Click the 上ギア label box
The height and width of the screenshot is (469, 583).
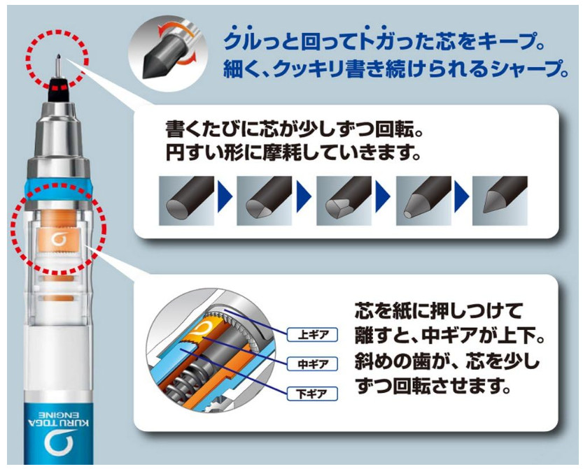pos(312,335)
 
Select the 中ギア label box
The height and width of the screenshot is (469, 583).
pos(312,364)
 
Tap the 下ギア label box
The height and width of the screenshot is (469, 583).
pos(312,394)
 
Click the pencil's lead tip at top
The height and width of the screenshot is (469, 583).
pos(58,57)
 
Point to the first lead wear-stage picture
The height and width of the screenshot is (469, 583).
pos(187,201)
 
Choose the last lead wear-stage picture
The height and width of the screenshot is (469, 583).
pos(500,201)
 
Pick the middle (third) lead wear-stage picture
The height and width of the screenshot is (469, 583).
pos(344,201)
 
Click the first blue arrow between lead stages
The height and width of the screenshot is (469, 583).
pos(225,196)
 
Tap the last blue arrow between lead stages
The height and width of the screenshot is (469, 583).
pos(461,196)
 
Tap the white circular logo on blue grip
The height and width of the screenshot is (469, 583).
pos(58,443)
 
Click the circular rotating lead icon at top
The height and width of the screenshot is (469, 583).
pos(167,50)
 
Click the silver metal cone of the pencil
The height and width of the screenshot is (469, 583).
pos(58,134)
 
